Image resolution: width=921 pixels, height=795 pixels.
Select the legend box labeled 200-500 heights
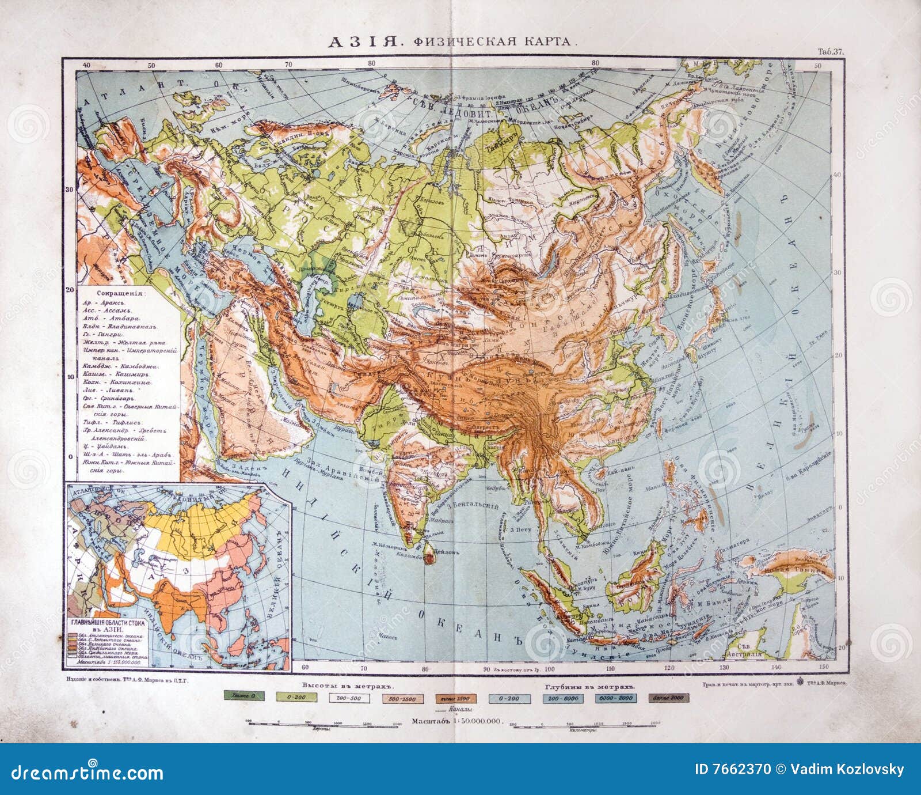[345, 698]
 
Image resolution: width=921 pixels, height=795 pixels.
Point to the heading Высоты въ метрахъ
[346, 687]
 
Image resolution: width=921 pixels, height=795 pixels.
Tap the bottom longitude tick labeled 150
[826, 667]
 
